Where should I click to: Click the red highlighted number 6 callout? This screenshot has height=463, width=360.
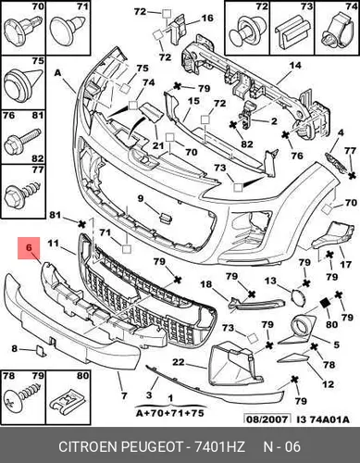29,248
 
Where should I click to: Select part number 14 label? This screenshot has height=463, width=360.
295,66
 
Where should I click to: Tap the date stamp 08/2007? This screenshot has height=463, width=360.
267,419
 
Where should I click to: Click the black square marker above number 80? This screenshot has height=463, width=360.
325,304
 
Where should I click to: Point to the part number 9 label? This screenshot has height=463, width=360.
141,198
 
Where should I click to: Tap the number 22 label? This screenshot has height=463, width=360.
179,362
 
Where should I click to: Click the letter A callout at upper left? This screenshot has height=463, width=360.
58,73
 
